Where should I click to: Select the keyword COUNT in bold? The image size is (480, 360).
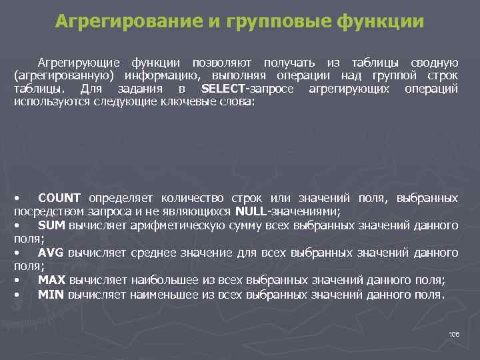click(x=59, y=198)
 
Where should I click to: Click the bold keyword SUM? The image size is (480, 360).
click(x=51, y=225)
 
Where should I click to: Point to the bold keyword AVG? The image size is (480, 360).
click(x=51, y=253)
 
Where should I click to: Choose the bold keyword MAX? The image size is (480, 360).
click(x=52, y=280)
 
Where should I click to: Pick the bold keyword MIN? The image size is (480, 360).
click(x=51, y=294)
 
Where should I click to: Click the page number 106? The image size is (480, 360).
click(x=454, y=334)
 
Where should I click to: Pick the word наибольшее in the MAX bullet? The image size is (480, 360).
click(x=165, y=280)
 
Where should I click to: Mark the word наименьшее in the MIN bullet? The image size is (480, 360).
click(x=165, y=294)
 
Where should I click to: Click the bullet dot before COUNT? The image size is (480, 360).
click(x=16, y=199)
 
